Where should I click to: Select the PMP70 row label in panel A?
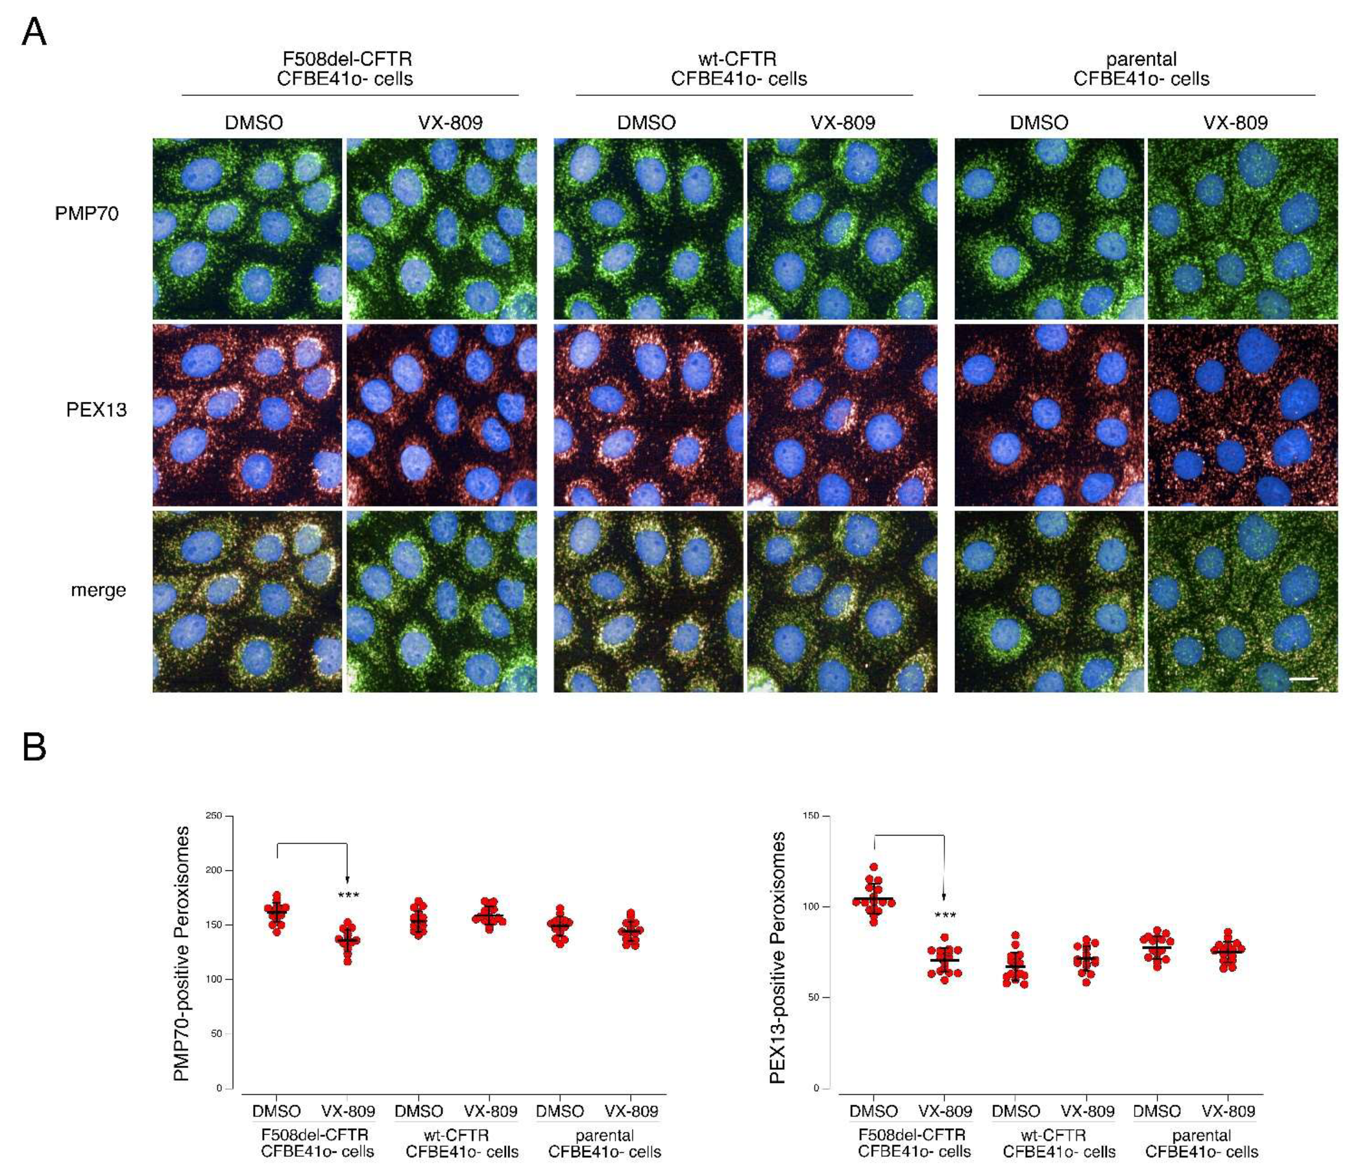coord(87,214)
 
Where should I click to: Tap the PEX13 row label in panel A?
coord(96,410)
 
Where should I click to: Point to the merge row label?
coord(98,590)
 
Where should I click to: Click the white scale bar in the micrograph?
coord(1304,679)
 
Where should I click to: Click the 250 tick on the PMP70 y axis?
coord(214,815)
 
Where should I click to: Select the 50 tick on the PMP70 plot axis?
coord(217,1033)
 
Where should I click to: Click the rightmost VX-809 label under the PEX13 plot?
coord(1228,1111)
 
